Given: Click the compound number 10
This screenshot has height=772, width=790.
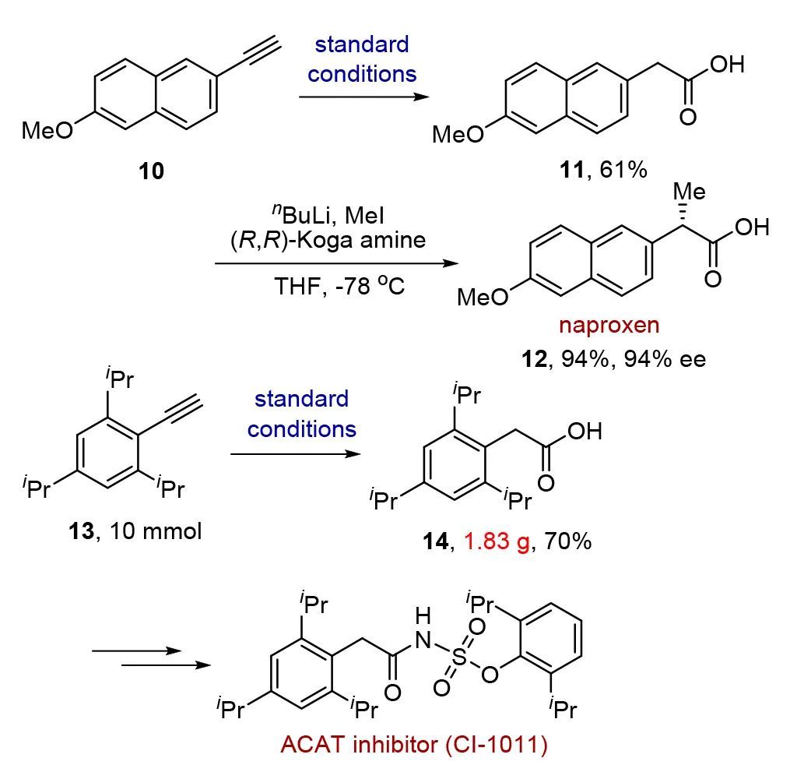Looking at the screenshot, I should tap(152, 171).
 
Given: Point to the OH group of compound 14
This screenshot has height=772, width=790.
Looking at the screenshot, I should tap(584, 431).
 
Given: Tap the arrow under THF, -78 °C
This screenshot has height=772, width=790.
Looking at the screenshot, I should tap(336, 264).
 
